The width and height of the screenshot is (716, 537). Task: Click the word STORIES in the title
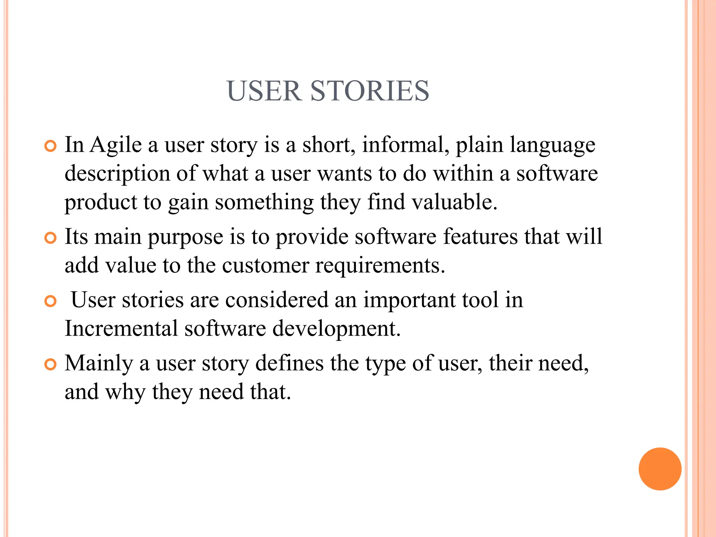(370, 91)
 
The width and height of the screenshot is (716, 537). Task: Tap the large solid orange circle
(660, 469)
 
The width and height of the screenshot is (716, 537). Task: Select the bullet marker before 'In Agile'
(51, 146)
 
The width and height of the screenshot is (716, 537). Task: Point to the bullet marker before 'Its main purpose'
(51, 238)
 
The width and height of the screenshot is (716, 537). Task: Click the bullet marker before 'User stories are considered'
(51, 301)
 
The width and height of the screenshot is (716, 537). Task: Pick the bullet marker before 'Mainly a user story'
(51, 365)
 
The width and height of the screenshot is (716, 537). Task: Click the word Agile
(116, 145)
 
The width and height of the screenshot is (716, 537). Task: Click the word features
(480, 236)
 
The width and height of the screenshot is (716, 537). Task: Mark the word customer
(265, 266)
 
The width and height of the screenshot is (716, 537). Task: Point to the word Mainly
(99, 364)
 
